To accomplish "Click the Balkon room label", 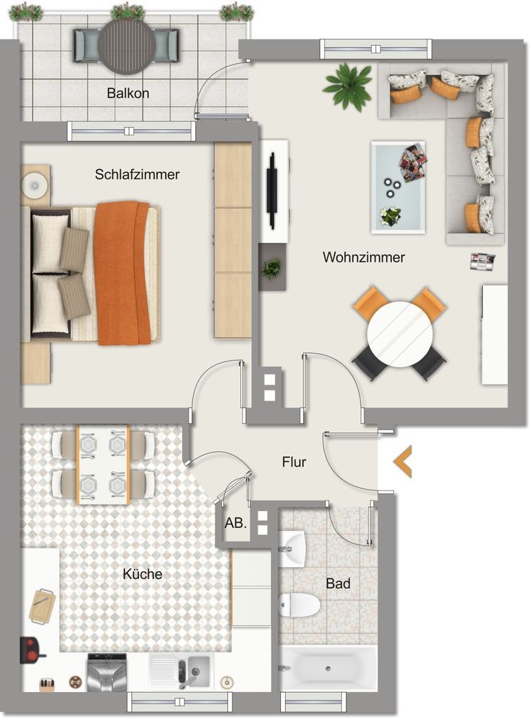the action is (x=128, y=93).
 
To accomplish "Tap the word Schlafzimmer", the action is (x=137, y=175).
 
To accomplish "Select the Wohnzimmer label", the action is (x=364, y=258).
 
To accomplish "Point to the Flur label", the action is (x=294, y=462).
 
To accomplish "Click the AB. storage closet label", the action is (x=235, y=523).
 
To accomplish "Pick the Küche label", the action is (x=143, y=574).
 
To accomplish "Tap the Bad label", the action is (x=338, y=583).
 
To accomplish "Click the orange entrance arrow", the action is (x=402, y=462).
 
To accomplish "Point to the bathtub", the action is (x=328, y=669).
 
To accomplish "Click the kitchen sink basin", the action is (x=198, y=669).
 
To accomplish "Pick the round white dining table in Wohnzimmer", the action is (x=400, y=334).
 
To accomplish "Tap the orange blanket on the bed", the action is (x=122, y=273).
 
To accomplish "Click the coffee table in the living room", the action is (x=398, y=187).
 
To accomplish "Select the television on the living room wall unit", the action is (x=272, y=190).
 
